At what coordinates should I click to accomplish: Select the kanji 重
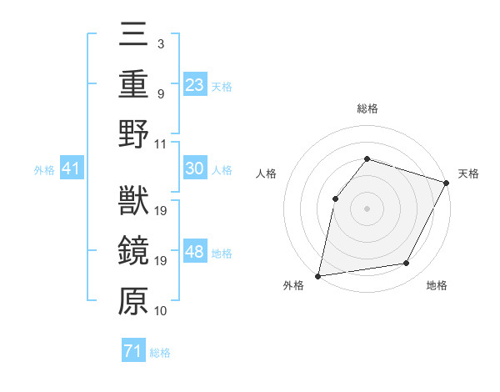133,86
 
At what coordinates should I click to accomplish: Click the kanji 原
133,300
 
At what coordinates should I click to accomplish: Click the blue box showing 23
195,84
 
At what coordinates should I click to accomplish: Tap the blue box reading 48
195,253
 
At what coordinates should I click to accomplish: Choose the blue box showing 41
72,169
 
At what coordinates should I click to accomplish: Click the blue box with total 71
132,351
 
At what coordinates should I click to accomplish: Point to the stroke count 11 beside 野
162,143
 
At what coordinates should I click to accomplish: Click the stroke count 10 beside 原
162,311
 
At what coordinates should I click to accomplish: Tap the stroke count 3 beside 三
160,43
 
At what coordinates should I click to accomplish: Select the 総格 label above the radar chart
367,108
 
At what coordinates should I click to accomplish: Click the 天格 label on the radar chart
468,173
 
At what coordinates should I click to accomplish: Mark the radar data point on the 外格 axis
318,275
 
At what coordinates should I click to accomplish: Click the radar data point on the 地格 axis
407,264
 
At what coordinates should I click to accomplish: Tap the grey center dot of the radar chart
367,208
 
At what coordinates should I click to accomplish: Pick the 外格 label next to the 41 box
44,170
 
